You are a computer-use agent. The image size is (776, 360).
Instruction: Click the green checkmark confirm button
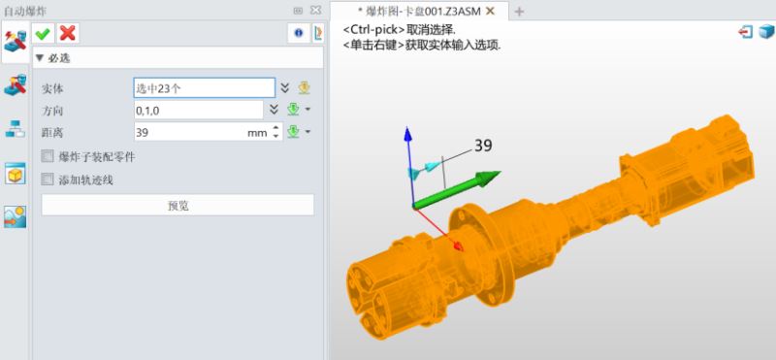(x=43, y=34)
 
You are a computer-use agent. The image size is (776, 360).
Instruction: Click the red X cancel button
(x=67, y=34)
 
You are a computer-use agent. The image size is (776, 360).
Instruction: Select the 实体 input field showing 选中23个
(x=204, y=87)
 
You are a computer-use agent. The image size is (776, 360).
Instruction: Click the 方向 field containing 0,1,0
(x=198, y=110)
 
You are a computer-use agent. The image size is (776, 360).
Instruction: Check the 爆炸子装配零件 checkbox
(x=48, y=156)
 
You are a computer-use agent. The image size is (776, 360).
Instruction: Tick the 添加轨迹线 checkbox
(x=48, y=180)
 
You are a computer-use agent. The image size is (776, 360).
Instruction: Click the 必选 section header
(x=58, y=58)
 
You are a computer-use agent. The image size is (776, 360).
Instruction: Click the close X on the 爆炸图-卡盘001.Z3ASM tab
(x=491, y=11)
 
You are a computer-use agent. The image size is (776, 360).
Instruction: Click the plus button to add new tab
(x=519, y=11)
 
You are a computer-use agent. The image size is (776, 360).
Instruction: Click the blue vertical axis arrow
(x=408, y=136)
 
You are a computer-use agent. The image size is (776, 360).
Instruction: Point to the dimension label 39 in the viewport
(x=483, y=146)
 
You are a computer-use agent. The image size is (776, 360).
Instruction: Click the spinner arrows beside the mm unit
(x=275, y=132)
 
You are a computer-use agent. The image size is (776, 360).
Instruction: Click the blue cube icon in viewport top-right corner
(x=763, y=31)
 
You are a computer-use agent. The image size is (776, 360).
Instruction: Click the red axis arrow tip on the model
(x=457, y=246)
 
